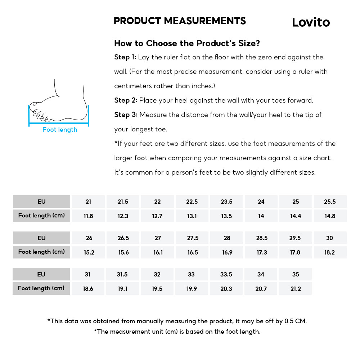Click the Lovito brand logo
tap(311, 22)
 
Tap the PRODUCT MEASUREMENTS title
tap(180, 21)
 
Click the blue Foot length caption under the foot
tap(60, 130)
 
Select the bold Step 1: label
tap(125, 57)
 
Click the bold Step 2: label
tap(125, 100)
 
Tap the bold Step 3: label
tap(126, 115)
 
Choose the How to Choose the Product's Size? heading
tap(187, 44)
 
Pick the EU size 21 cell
tap(88, 202)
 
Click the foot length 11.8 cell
tap(88, 216)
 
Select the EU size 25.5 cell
tap(330, 202)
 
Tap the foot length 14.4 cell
tap(296, 216)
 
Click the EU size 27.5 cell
tap(193, 238)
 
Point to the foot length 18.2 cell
tap(330, 252)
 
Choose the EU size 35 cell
tap(296, 274)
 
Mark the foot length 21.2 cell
tap(296, 289)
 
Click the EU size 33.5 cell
tap(226, 274)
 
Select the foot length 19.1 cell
tap(123, 289)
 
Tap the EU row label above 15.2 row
tap(41, 238)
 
